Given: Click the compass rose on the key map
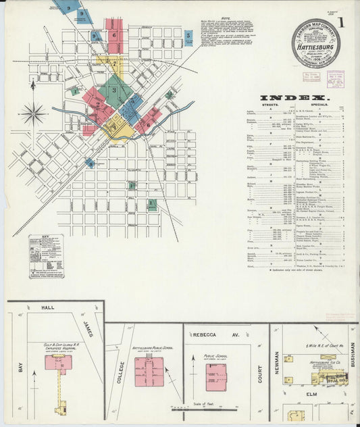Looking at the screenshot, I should [x=32, y=114].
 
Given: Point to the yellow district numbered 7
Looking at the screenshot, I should [x=114, y=126].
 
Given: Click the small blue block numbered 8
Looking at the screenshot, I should [x=90, y=163].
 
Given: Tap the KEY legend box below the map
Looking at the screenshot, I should [x=46, y=255].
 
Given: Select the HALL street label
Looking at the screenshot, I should [x=47, y=307].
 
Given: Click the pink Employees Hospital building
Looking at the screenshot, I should [x=59, y=363].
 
